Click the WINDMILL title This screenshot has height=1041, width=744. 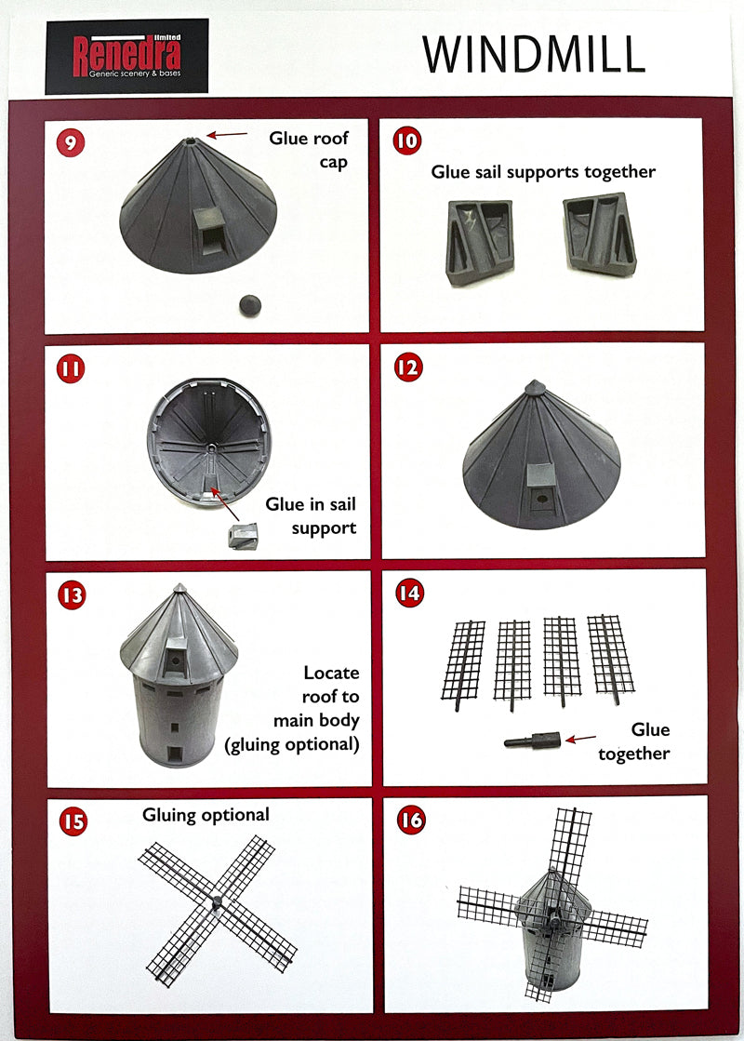(x=533, y=55)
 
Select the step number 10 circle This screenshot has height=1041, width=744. (x=407, y=140)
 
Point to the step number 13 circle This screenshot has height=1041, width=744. (x=72, y=594)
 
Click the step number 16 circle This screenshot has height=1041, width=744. (x=410, y=820)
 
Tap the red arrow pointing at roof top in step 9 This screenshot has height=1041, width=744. (x=224, y=136)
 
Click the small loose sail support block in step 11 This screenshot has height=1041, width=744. (x=244, y=536)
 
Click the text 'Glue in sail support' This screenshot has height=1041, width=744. (x=311, y=516)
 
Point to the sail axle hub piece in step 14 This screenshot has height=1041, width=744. (x=532, y=741)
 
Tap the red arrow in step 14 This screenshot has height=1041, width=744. (x=581, y=739)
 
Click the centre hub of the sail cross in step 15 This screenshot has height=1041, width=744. (x=217, y=901)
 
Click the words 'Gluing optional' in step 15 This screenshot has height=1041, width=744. (x=206, y=815)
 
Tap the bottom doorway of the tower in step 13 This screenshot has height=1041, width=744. (x=175, y=751)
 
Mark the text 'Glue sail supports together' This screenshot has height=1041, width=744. (x=543, y=172)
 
